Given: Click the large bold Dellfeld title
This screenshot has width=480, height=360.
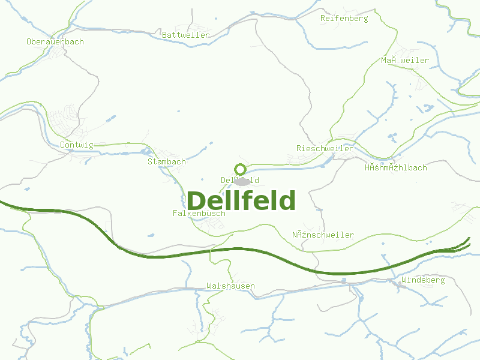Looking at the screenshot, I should pos(241,201).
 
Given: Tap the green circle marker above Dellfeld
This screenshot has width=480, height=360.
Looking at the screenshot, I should pos(240,170).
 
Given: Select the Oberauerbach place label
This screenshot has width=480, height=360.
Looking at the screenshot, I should pos(55,42).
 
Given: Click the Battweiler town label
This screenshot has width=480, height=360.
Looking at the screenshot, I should pos(186,35).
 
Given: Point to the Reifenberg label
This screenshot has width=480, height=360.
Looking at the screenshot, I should pos(344,19).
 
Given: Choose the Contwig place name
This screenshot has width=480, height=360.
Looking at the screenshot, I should pos(77,145).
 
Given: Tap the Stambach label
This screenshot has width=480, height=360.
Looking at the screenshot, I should pos(167,162).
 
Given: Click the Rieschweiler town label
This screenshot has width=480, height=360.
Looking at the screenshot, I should pos(325,149).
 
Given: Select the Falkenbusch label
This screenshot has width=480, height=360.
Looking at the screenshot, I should pos(199,214).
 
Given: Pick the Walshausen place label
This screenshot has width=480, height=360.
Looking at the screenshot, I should pos(230,286).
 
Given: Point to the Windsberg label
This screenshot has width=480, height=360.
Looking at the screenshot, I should pos(423,280).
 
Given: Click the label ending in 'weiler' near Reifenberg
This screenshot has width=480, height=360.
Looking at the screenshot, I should pos(405,61).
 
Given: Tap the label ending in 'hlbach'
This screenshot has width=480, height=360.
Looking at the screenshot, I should pos(396,168).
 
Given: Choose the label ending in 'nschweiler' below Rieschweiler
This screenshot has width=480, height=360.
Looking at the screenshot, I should pos(323,235).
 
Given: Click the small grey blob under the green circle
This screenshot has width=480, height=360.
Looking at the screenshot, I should pos(242,181).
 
